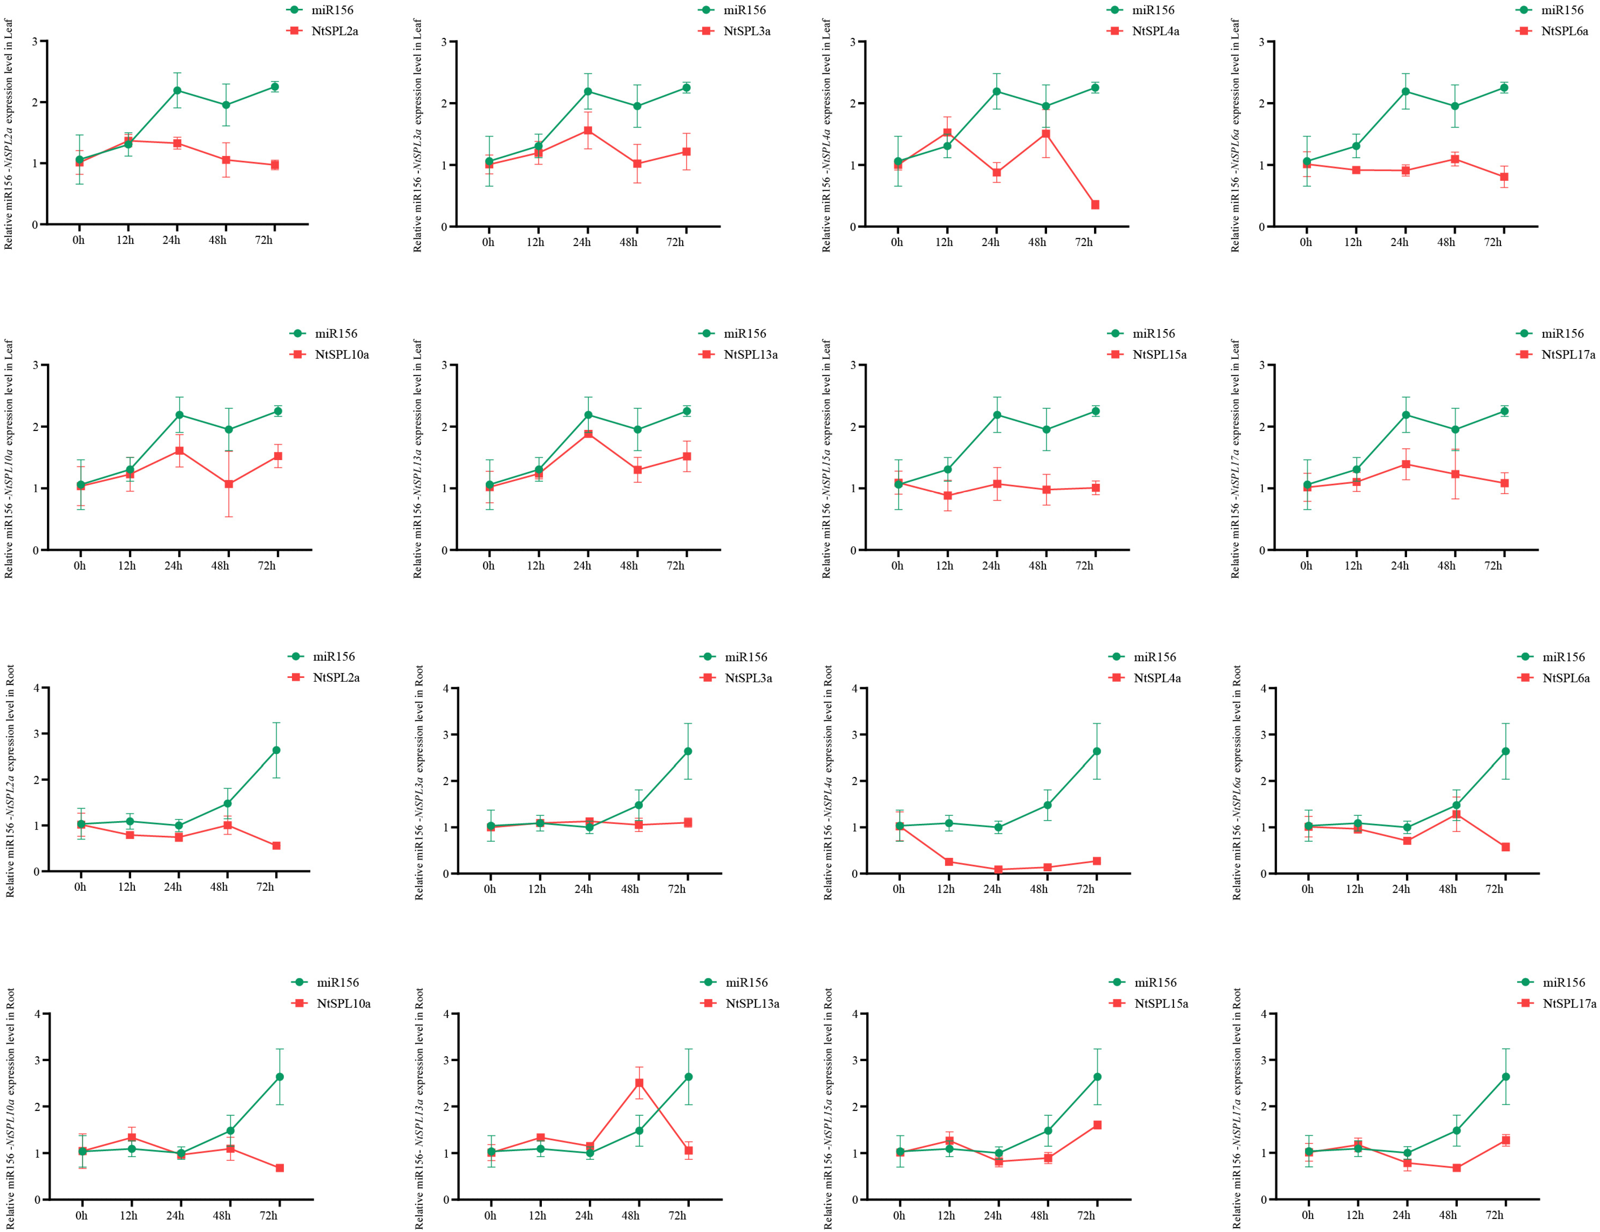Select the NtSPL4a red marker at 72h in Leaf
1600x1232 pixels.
click(1095, 205)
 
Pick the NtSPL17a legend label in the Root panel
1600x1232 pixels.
click(1569, 1003)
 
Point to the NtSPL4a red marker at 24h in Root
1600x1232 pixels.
click(998, 869)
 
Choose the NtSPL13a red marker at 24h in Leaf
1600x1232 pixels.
click(588, 434)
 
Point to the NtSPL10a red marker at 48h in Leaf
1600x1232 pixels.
click(229, 484)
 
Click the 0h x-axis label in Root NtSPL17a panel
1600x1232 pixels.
click(1308, 1215)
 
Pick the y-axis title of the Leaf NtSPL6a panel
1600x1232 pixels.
click(1235, 136)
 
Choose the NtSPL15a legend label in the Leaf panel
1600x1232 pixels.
click(1159, 355)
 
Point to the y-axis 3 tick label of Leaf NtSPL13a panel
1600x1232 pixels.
click(444, 365)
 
